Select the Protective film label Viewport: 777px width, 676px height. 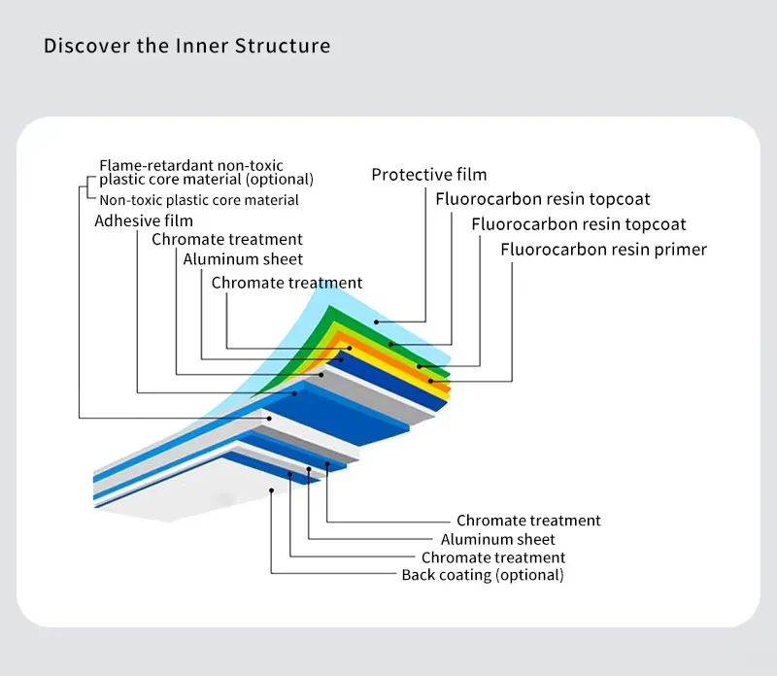coord(429,175)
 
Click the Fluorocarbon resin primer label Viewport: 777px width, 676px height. coord(603,250)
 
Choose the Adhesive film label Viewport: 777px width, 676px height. coord(144,220)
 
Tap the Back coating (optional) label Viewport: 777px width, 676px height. coord(483,575)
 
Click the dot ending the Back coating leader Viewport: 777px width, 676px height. coord(272,489)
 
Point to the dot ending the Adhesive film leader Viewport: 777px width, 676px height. coord(294,393)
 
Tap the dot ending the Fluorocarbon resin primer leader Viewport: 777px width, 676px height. coord(430,381)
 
